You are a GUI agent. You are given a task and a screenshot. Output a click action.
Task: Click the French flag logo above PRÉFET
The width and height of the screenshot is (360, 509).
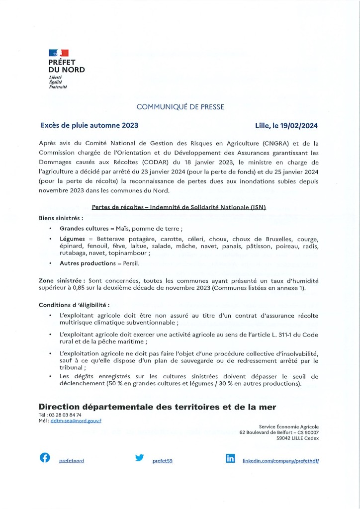59,53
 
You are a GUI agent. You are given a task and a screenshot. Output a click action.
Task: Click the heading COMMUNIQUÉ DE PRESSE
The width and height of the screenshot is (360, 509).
180,106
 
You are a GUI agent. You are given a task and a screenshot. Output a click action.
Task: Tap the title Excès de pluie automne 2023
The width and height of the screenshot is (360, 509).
89,125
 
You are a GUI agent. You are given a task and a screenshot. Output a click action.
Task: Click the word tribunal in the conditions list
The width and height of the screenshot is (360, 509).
71,368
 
